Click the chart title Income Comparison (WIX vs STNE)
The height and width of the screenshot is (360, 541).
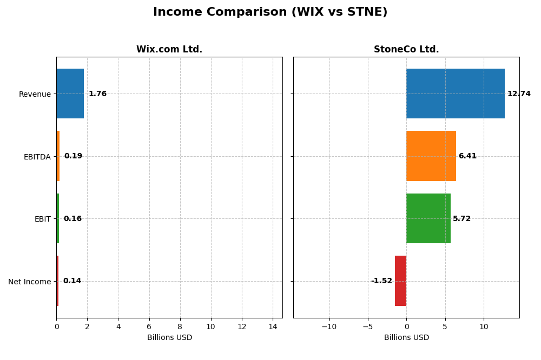pos(270,12)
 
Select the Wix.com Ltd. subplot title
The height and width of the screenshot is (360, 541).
pos(169,50)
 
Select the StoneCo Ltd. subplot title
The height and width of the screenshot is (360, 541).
pos(406,50)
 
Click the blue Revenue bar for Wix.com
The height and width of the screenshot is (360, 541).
pos(70,94)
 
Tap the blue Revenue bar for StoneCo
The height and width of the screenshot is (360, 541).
pos(456,94)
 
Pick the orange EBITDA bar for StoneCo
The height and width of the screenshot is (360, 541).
pos(431,156)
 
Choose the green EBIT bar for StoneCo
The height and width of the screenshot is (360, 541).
pos(428,218)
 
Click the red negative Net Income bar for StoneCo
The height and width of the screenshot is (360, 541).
pos(400,281)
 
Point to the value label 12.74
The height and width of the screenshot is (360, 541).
pos(519,94)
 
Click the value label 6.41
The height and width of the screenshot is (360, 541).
pos(467,156)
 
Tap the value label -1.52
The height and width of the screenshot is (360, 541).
pos(381,281)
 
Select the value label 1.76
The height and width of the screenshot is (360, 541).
pos(97,94)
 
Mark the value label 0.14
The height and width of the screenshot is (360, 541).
pos(72,281)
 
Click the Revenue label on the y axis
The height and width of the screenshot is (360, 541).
pos(35,94)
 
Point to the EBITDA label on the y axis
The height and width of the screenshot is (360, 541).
pos(37,157)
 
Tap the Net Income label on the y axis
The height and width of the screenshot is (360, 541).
pos(29,282)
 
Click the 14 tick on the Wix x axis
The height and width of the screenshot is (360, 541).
pos(273,327)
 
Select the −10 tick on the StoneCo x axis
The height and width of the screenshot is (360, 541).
pos(329,327)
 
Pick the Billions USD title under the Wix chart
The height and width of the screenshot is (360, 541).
pos(169,338)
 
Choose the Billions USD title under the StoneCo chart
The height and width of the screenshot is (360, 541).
pos(406,338)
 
